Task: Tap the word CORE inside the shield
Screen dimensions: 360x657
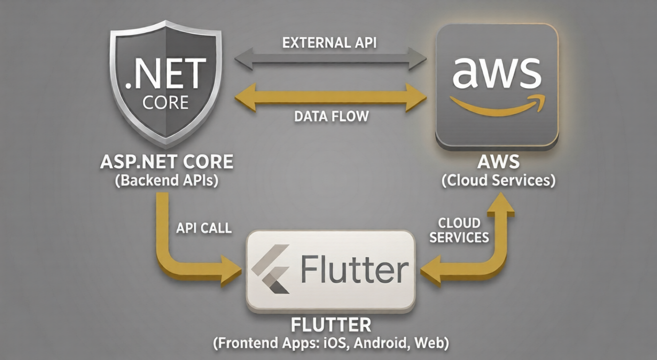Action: coord(165,102)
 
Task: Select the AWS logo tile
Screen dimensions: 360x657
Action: coord(497,85)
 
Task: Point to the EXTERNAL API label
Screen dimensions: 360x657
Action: coord(329,43)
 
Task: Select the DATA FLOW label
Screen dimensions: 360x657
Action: coord(331,116)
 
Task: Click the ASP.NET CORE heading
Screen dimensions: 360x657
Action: coord(166,162)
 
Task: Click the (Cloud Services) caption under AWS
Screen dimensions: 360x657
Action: coord(498,180)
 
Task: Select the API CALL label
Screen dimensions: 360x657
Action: coord(203,228)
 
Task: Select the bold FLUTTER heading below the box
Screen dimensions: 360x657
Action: coord(331,325)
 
